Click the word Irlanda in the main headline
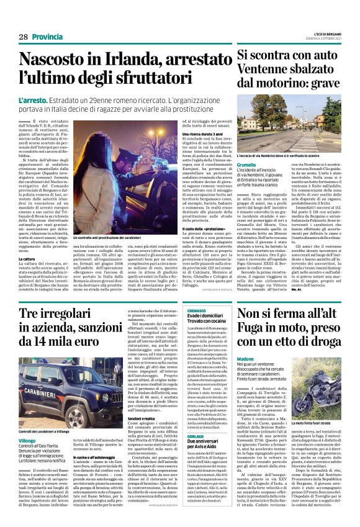pyautogui.click(x=120, y=60)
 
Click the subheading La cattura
pyautogui.click(x=27, y=241)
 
